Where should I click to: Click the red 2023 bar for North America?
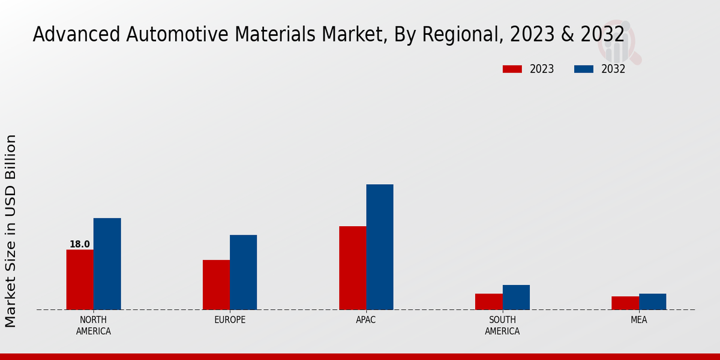(80, 280)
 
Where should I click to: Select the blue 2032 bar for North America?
(107, 264)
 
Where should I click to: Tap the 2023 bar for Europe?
(216, 285)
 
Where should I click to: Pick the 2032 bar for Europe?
(243, 272)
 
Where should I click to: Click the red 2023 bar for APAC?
(352, 268)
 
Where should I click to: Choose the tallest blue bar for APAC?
(380, 247)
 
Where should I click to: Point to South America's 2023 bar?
(488, 302)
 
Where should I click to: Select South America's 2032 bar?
(516, 298)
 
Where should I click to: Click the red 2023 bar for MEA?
(625, 303)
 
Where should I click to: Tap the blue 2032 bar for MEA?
(652, 302)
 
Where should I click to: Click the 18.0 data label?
(80, 244)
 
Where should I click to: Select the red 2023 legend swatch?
(512, 69)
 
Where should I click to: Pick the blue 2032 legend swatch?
(583, 69)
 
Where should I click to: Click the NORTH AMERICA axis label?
(94, 325)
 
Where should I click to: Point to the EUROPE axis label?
(230, 320)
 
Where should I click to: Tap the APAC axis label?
(366, 320)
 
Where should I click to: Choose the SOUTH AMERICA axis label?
(502, 325)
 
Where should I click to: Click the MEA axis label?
(638, 320)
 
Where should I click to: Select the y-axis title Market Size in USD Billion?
(11, 231)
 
